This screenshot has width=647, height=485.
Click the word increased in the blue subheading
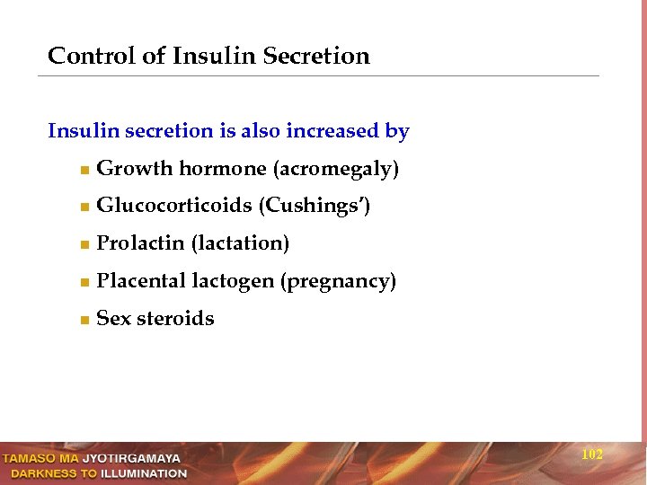pyautogui.click(x=332, y=131)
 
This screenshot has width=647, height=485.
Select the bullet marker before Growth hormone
pyautogui.click(x=83, y=170)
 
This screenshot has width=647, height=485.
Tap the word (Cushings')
pyautogui.click(x=315, y=207)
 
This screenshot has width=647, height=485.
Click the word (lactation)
pyautogui.click(x=241, y=244)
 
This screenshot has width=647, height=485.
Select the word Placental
pyautogui.click(x=141, y=282)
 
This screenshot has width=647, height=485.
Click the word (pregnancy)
pyautogui.click(x=338, y=282)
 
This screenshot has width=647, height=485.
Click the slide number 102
pyautogui.click(x=592, y=455)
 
